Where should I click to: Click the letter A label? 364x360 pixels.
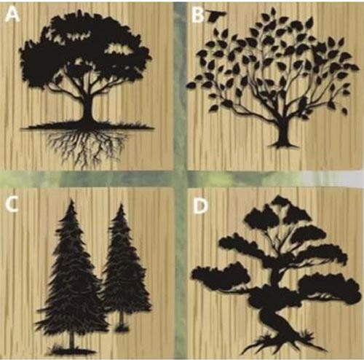coord(12,15)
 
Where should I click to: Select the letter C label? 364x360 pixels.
coord(12,205)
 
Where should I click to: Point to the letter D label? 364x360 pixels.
coord(200,206)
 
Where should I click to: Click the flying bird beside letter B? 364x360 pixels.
coord(217,16)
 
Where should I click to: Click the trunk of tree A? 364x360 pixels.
coord(88,109)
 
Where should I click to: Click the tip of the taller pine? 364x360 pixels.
coord(71,200)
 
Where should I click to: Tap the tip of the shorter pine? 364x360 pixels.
coord(121,204)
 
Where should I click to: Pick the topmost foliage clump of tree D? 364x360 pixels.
coord(282,202)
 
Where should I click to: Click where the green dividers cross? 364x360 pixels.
coord(180,179)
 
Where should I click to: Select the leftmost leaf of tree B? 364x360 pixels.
coord(191,85)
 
